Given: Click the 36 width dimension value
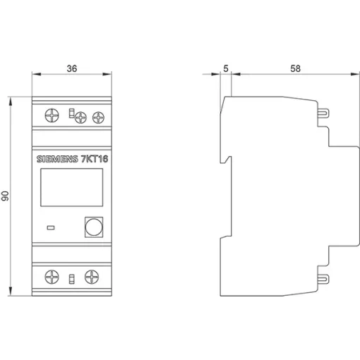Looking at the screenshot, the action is pos(72,68).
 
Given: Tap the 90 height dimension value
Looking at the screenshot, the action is pos(5,196).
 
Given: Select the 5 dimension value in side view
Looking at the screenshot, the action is pos(226,68).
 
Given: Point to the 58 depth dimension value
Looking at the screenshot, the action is pos(295,68).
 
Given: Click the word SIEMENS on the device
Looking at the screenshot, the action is pos(57,159).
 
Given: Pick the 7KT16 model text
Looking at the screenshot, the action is pos(95,159).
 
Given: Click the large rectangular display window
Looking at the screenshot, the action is pos(71,187).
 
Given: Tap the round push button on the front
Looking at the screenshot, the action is pos(94,227).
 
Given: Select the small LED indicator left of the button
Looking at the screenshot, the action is pos(51,227).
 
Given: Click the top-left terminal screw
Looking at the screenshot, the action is pos(52,115).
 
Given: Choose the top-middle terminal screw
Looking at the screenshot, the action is pos(80,117).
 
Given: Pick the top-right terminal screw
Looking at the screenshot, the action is pos(98,117).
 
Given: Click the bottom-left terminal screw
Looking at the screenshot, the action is pos(52,277).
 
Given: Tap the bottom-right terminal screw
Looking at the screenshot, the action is pos(92,277).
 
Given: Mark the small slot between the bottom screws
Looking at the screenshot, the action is pos(71,279).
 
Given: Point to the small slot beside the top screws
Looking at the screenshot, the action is pos(71,113).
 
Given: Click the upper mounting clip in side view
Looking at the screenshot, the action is pos(323,114).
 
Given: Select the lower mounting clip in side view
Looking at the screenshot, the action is pos(323,279).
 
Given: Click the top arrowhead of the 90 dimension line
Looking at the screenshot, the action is pos(11,102).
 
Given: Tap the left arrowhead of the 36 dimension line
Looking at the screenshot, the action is pos(37,74).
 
